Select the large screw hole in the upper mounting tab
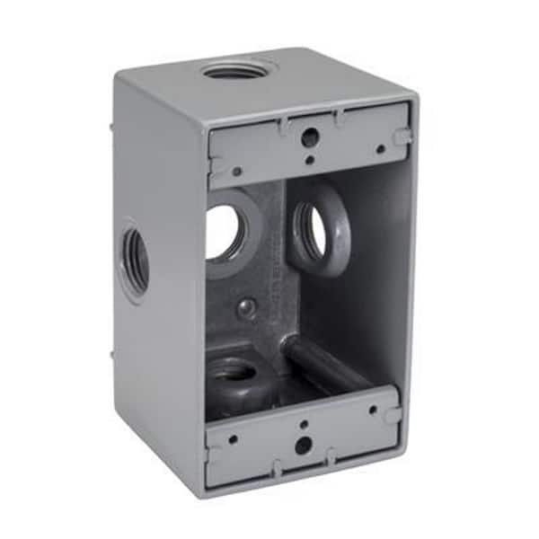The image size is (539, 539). pos(309,137)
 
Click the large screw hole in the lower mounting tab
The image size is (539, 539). pos(303,444)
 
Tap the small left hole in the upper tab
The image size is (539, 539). pos(236,171)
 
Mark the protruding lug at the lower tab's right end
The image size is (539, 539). pos(393,415)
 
